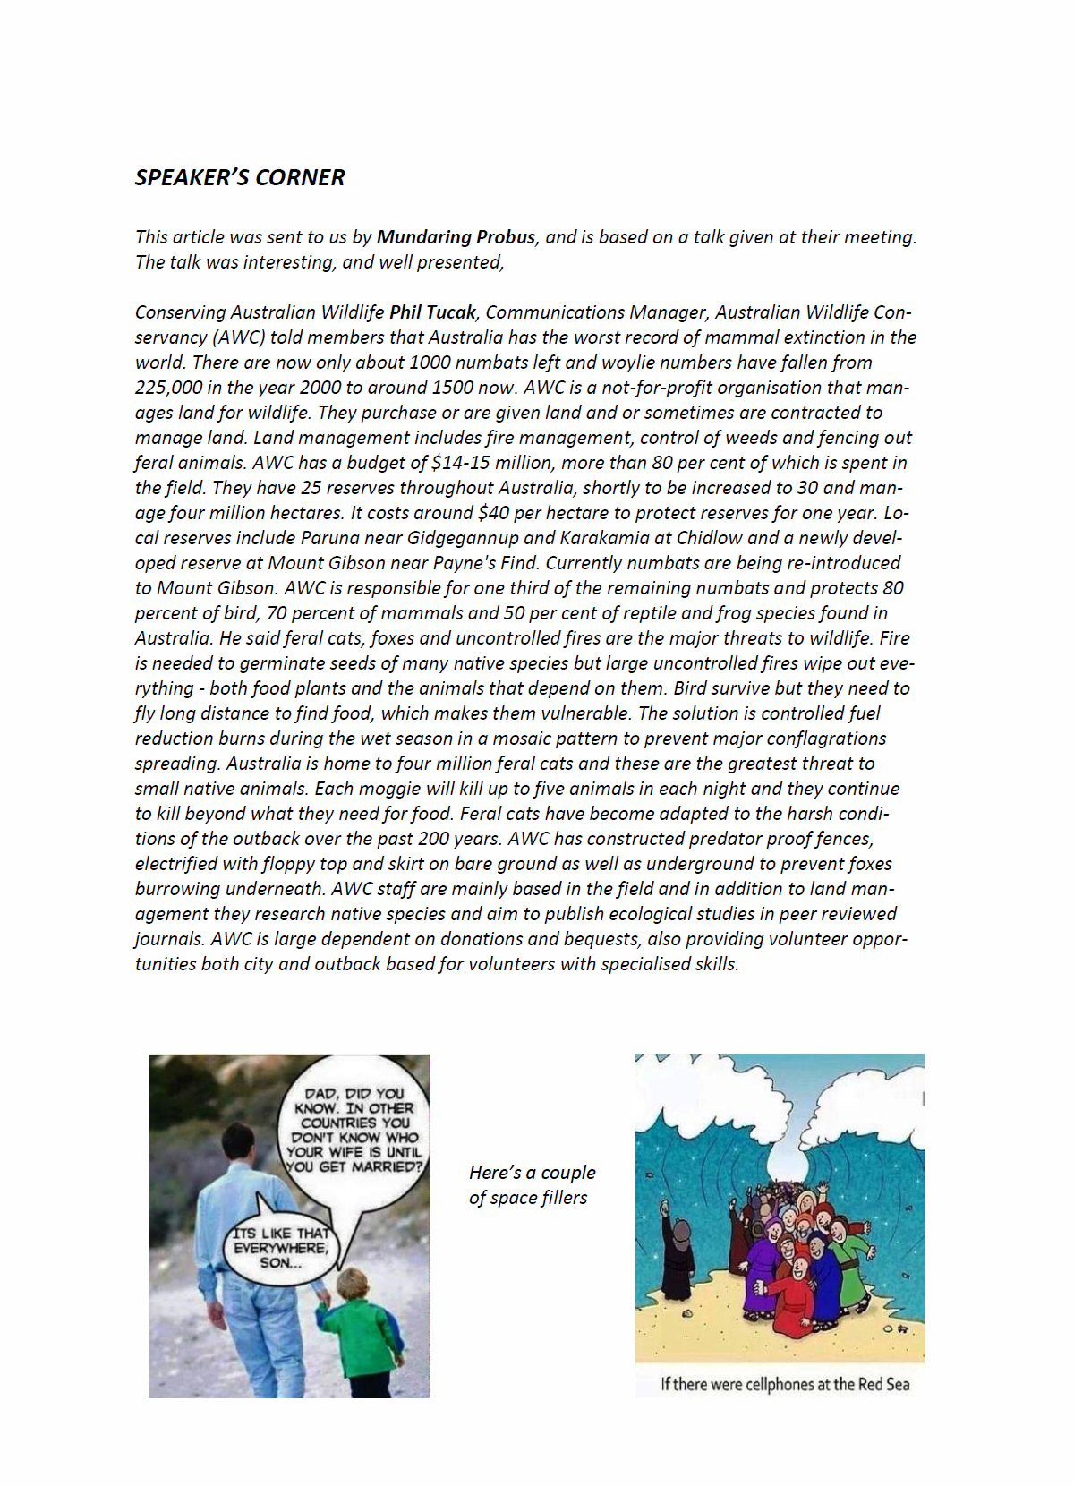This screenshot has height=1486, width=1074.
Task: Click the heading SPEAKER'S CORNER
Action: coord(239,177)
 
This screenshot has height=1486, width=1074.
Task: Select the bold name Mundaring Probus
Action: coord(456,237)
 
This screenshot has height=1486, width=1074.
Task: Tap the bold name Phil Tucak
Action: coord(432,312)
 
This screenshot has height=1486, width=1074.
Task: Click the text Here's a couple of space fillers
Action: coord(531,1184)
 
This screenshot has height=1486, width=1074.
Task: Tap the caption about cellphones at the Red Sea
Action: coord(784,1384)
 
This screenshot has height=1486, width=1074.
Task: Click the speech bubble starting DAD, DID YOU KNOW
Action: coord(354,1130)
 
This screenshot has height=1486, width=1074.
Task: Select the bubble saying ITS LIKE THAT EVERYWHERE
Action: coord(280,1248)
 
